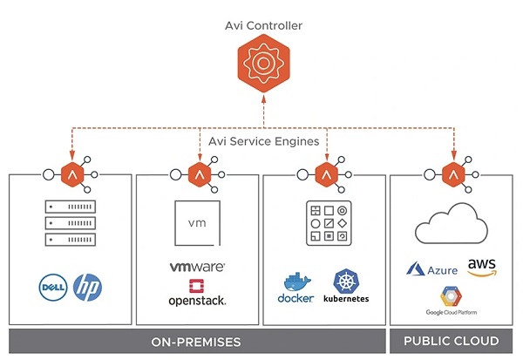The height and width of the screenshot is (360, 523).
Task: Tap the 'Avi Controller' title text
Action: pos(263,26)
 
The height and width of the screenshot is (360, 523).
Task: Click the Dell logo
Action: pos(53,286)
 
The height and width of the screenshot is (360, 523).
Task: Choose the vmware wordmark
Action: pos(197,268)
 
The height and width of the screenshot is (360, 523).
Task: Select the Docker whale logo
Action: pos(295,288)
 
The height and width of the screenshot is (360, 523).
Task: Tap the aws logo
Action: pos(482,268)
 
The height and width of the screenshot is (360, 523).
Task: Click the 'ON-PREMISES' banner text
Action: pos(197,340)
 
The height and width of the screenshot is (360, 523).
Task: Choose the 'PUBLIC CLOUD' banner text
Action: pos(453,340)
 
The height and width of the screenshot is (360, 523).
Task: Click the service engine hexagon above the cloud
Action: pos(452,173)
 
